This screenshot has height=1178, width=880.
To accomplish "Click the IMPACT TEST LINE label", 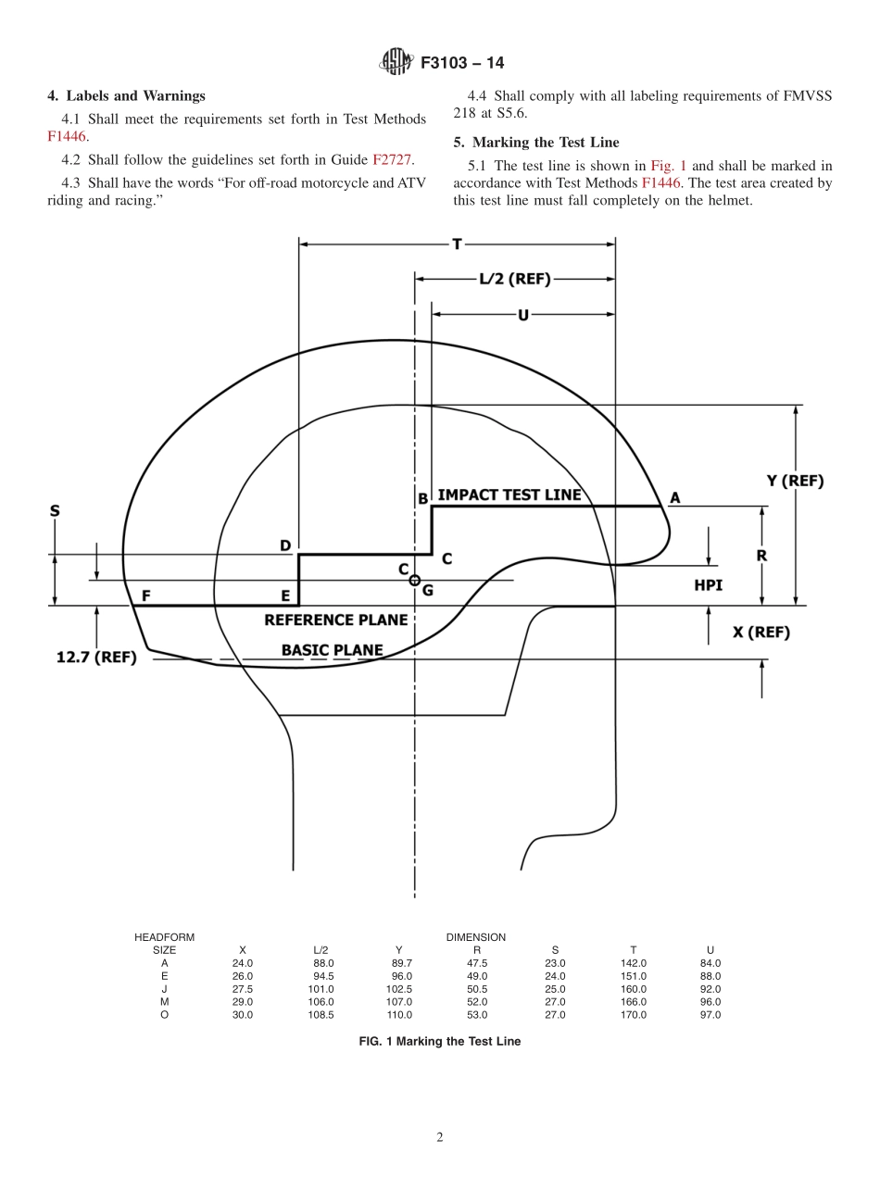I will [x=509, y=495].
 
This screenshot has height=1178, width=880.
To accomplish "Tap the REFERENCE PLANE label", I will [x=335, y=620].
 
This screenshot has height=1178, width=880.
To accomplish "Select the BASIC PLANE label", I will [x=332, y=650].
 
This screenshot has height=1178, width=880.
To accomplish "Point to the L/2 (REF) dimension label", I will [x=514, y=279].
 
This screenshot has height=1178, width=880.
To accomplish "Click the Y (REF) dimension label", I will [x=795, y=481].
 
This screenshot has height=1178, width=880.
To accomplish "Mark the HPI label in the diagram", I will [x=708, y=585].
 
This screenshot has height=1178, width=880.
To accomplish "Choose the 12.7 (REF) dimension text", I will [x=96, y=658].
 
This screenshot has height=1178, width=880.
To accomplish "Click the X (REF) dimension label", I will [x=761, y=632].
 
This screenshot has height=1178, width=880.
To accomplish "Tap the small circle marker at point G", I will [x=415, y=580].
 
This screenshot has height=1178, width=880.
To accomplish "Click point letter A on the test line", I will [x=674, y=498].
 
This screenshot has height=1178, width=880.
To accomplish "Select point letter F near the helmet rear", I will [x=145, y=595].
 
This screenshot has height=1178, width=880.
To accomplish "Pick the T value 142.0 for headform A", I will [x=633, y=963].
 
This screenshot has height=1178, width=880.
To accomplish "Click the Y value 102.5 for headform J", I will [x=398, y=989].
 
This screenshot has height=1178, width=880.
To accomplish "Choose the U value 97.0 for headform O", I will [x=710, y=1015].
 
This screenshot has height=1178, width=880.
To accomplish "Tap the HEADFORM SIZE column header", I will [x=164, y=944].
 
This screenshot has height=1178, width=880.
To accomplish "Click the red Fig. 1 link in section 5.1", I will [x=668, y=166].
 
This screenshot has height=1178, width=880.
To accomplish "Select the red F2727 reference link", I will [x=393, y=159].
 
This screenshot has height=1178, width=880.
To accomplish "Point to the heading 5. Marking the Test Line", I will [x=536, y=142].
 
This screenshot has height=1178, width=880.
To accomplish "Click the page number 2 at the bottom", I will [x=440, y=1137].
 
